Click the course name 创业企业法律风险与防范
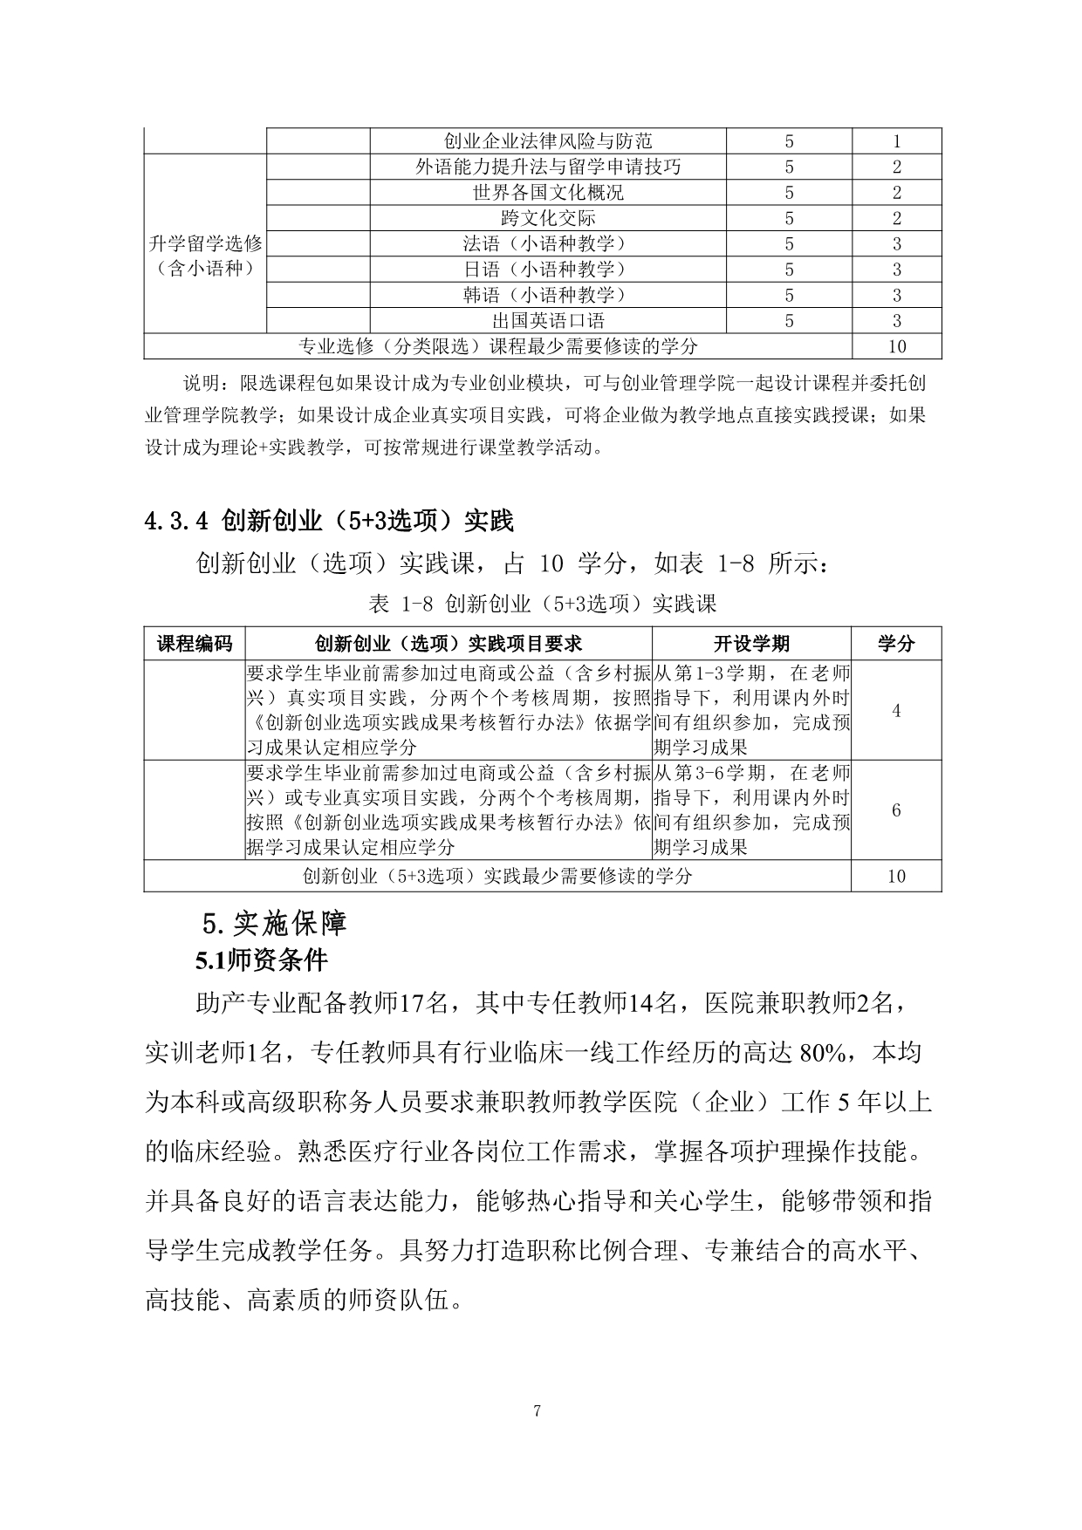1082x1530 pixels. [548, 141]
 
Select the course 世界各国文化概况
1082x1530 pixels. [548, 193]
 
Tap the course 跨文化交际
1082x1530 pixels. [548, 218]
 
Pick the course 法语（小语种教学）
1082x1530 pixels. [548, 244]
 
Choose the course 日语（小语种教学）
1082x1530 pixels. [548, 270]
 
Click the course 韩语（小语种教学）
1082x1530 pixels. [548, 295]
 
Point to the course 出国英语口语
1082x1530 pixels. [548, 321]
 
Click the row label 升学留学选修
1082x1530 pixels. [205, 244]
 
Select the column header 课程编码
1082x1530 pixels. [195, 644]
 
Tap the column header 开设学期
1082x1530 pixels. [751, 644]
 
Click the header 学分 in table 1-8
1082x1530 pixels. [896, 644]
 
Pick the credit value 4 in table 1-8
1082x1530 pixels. [896, 711]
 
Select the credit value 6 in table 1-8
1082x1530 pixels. [896, 810]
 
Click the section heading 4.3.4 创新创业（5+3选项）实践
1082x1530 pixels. [329, 521]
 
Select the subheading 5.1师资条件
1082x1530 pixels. [262, 960]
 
